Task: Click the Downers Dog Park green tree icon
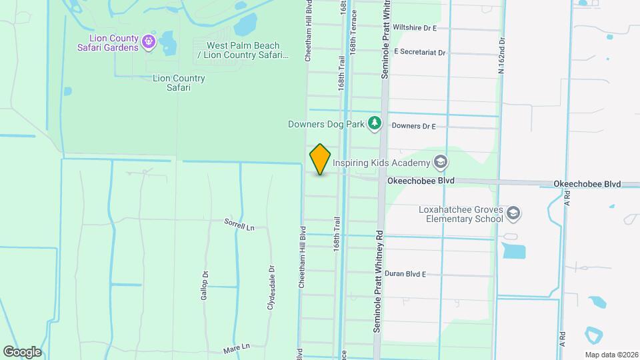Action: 375,123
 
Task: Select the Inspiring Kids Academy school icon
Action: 440,161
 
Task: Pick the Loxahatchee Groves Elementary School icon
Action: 513,213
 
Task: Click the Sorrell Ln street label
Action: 239,225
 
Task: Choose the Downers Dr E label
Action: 413,126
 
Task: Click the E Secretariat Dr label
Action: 419,51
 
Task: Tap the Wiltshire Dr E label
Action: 415,28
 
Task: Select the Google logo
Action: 22,351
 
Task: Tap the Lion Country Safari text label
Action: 179,83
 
